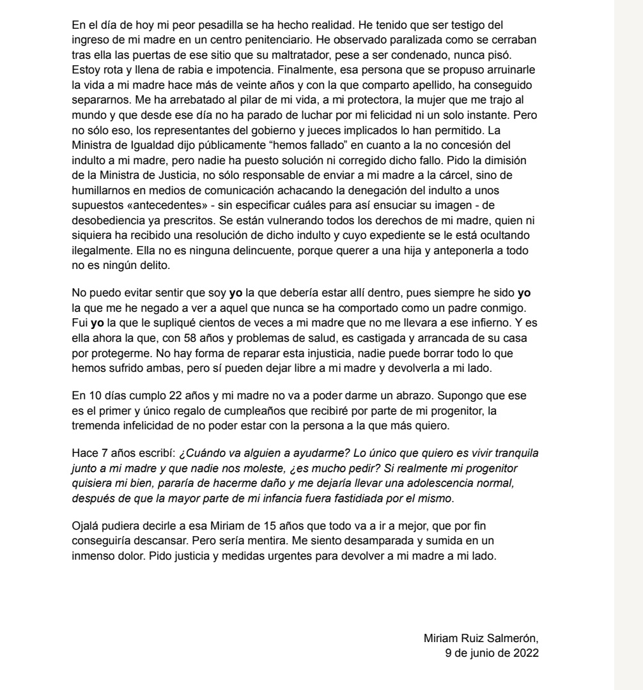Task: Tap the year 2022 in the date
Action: pos(526,653)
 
